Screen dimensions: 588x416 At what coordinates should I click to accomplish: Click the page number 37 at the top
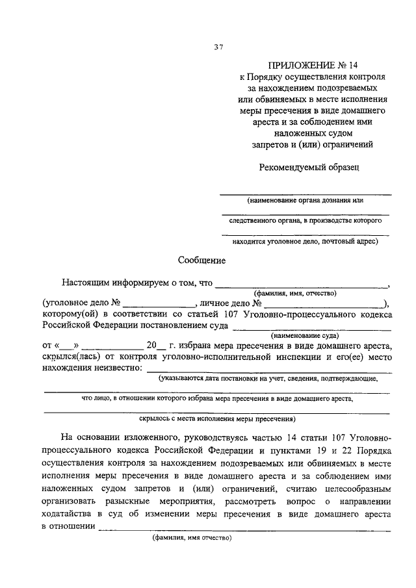218,46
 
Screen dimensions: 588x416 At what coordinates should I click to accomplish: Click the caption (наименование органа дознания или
305,200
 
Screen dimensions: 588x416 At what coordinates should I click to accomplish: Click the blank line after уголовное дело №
160,304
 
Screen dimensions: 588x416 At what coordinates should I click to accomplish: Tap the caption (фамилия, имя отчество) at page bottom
192,539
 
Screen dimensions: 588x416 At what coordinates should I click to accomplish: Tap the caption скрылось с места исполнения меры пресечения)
218,420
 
